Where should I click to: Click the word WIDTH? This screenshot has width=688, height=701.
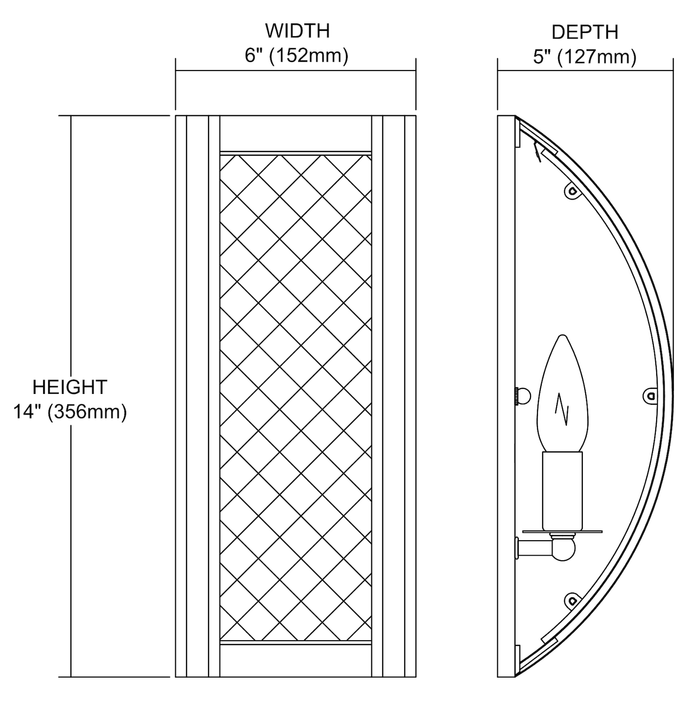pyautogui.click(x=297, y=31)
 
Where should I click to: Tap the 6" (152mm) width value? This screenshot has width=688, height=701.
pyautogui.click(x=297, y=56)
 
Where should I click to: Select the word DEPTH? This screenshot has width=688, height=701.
pyautogui.click(x=585, y=32)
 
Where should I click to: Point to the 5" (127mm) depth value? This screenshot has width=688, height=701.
pyautogui.click(x=585, y=57)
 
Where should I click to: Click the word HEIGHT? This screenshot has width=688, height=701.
pyautogui.click(x=70, y=387)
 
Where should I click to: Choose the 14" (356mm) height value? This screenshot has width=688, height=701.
pyautogui.click(x=70, y=412)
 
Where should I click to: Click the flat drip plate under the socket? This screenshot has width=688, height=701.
pyautogui.click(x=562, y=531)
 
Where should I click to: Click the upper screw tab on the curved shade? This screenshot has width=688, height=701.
pyautogui.click(x=572, y=190)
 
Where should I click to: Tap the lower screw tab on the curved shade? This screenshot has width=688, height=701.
pyautogui.click(x=572, y=601)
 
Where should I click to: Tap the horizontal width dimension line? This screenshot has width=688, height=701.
pyautogui.click(x=295, y=71)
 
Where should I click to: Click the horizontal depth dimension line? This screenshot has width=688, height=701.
pyautogui.click(x=585, y=71)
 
